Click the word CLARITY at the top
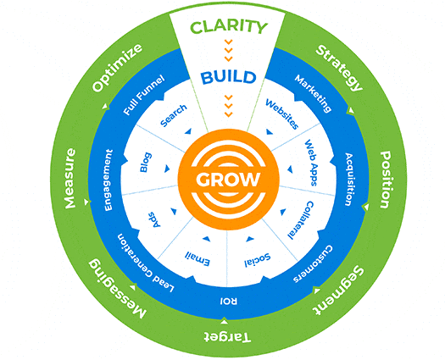tap(222, 27)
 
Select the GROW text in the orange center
tap(222, 182)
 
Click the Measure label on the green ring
tap(69, 180)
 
